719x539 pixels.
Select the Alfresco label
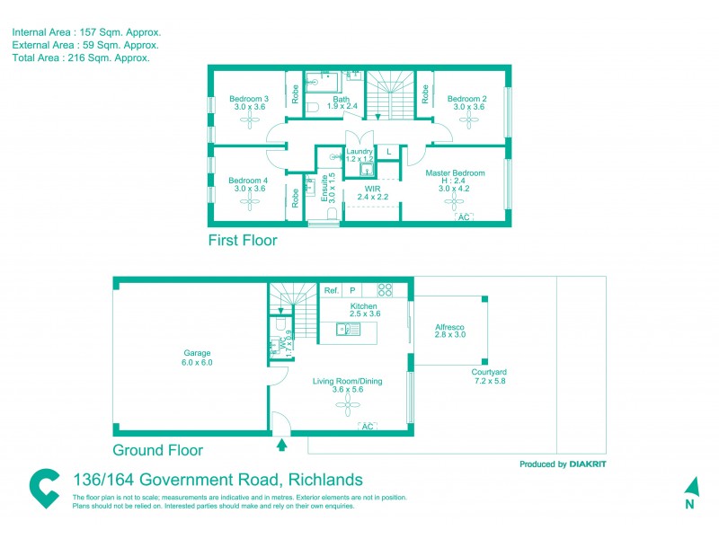point(449,329)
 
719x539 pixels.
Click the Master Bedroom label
point(454,172)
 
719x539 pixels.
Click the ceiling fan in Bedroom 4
point(249,204)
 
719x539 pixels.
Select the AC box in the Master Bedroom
point(464,217)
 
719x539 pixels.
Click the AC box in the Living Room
point(367,426)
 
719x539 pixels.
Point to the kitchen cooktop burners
point(385,290)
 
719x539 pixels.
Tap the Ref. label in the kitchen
point(331,290)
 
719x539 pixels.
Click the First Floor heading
point(243,241)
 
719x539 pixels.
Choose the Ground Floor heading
point(157,451)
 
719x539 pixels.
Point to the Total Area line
point(81,57)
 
